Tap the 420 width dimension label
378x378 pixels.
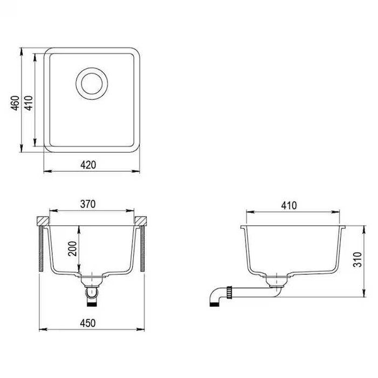tap(90, 165)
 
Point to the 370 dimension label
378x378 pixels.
tap(88, 204)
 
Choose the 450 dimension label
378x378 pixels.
tap(88, 323)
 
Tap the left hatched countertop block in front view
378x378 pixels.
tap(42, 221)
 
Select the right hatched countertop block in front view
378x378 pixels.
tap(141, 221)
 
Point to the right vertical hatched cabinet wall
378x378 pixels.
tap(143, 248)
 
